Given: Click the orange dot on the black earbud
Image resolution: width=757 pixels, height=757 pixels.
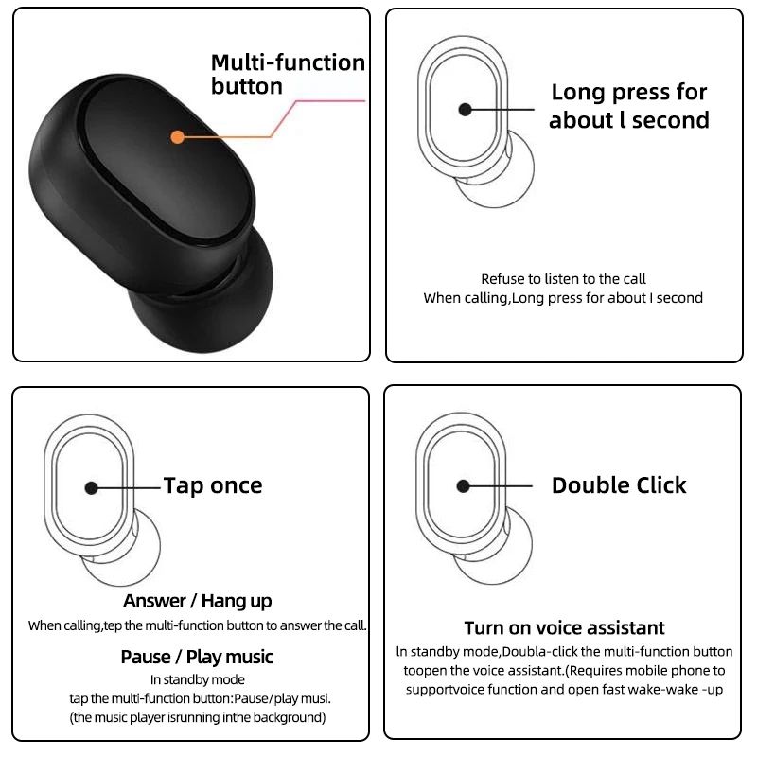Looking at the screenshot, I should [176, 136].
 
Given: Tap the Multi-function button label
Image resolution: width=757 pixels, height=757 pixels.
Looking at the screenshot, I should [287, 75].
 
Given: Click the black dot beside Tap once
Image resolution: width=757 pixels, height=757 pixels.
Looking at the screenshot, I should [91, 487].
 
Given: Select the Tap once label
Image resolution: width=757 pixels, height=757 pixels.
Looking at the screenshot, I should [213, 485].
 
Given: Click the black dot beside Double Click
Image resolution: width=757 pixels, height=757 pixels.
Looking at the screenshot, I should [463, 485].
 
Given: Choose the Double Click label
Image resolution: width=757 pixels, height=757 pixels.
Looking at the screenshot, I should [619, 485].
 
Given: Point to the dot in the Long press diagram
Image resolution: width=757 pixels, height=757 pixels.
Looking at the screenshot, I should [465, 110].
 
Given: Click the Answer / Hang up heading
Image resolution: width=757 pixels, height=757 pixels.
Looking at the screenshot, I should [197, 601].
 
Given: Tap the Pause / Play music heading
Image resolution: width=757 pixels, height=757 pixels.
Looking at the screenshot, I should [197, 657].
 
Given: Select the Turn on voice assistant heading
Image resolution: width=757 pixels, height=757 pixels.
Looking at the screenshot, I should [564, 628].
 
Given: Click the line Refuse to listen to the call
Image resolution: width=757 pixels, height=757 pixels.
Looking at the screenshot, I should [563, 279].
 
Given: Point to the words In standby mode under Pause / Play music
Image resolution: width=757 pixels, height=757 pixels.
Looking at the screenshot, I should [197, 679].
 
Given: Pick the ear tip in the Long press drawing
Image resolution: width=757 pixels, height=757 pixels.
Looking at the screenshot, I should [496, 175].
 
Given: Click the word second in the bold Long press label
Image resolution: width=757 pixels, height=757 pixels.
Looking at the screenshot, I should [670, 120].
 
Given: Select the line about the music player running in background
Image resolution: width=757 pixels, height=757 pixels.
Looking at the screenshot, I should [197, 717].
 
